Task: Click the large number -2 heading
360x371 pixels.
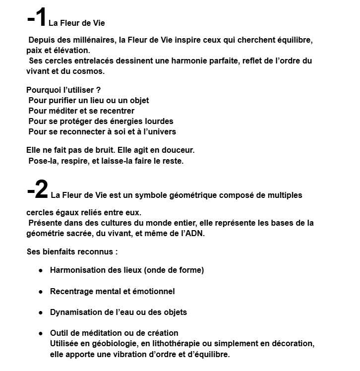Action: [x=37, y=189]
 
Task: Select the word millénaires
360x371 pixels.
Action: [x=92, y=40]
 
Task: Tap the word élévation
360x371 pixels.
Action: [x=74, y=50]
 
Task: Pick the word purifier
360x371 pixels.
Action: [x=62, y=100]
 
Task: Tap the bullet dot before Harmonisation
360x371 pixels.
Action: [x=41, y=270]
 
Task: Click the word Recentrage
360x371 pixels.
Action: [x=71, y=291]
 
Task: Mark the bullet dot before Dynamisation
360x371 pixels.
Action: [x=41, y=312]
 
